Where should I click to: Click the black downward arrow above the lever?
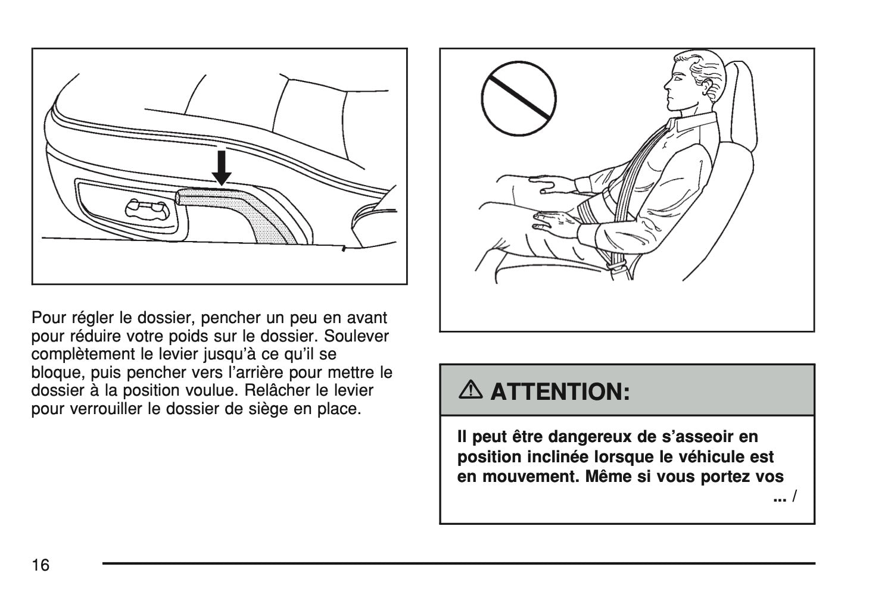coord(222,168)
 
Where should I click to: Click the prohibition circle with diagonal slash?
coord(519,99)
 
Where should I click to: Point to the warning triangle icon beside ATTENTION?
coord(470,389)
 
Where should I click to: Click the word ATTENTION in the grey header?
coord(560,392)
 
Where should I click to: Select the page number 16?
coord(40,565)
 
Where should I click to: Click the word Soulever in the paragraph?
coord(356,336)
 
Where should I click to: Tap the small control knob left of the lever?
coord(148,209)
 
